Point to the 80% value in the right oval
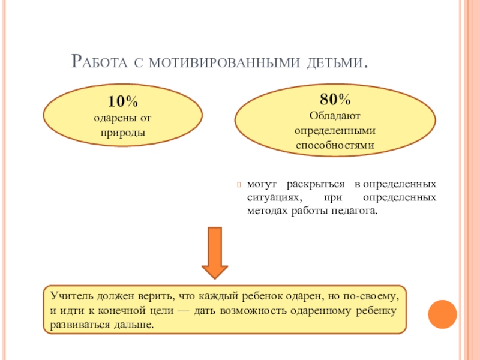click(335, 100)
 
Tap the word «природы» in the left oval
click(123, 130)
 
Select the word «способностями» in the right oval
click(335, 145)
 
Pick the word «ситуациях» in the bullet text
click(272, 197)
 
